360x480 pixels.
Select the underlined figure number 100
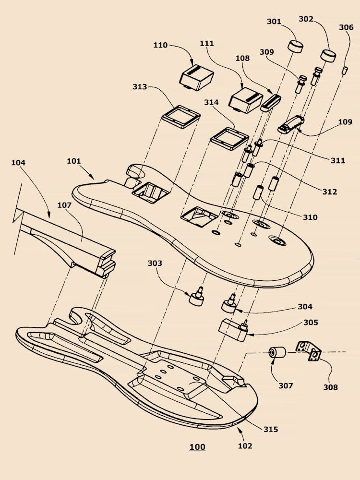(x=197, y=447)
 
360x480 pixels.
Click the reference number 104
(x=19, y=163)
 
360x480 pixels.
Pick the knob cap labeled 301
(x=296, y=47)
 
